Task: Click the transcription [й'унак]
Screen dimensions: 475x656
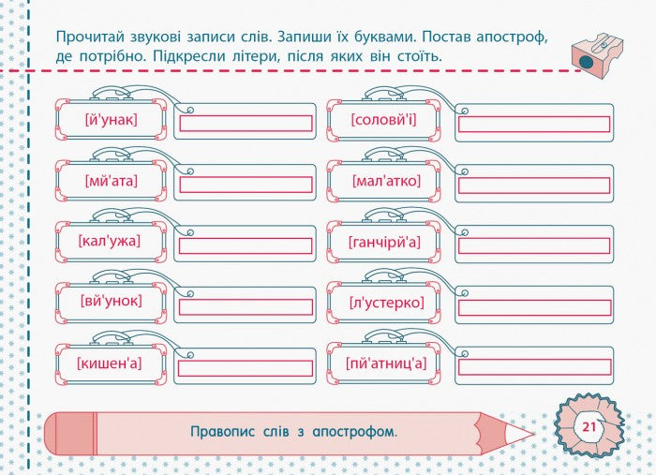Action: pyautogui.click(x=111, y=120)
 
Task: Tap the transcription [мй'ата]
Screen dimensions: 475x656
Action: pyautogui.click(x=111, y=181)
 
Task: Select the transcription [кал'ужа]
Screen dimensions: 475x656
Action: pyautogui.click(x=111, y=242)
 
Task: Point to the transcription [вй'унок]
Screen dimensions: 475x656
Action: pyautogui.click(x=111, y=302)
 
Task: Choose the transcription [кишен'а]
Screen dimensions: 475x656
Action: pyautogui.click(x=111, y=363)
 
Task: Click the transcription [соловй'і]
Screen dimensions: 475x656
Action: pyautogui.click(x=385, y=120)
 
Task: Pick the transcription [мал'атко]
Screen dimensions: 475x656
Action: pyautogui.click(x=385, y=181)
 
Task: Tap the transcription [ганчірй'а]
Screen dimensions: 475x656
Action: pyautogui.click(x=385, y=242)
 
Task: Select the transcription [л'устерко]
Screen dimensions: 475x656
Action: pyautogui.click(x=385, y=302)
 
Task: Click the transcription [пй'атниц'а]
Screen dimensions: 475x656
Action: pyautogui.click(x=385, y=363)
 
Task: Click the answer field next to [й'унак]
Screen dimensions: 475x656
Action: pyautogui.click(x=246, y=124)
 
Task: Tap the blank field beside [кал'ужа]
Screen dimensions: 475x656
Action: pyautogui.click(x=246, y=245)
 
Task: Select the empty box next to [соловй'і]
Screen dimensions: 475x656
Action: pyautogui.click(x=533, y=124)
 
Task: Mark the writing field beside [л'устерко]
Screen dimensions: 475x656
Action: pyautogui.click(x=533, y=306)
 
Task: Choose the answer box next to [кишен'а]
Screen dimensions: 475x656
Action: pyautogui.click(x=246, y=367)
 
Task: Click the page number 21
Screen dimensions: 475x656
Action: pyautogui.click(x=589, y=427)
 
